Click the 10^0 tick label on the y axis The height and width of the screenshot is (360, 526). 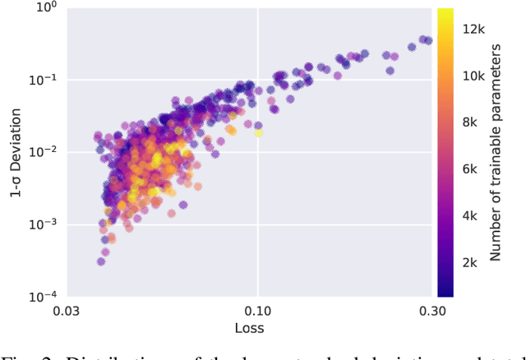coord(44,7)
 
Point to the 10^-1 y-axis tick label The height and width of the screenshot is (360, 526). coord(43,80)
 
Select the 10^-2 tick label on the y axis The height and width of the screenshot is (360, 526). coord(43,152)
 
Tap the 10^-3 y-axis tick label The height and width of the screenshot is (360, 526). coord(43,224)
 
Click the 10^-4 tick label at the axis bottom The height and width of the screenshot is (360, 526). coord(43,297)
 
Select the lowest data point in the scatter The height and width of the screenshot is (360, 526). coord(101,261)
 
